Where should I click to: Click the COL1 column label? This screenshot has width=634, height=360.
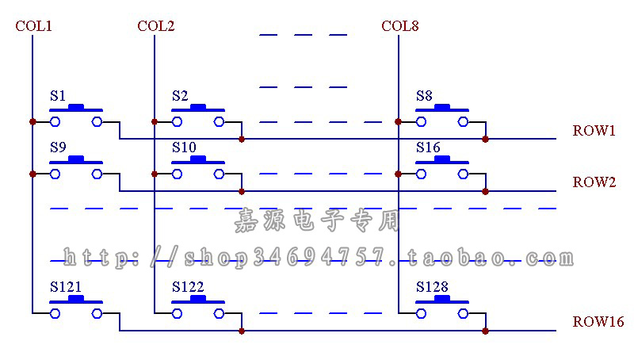33,26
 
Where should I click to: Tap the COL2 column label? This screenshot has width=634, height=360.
155,26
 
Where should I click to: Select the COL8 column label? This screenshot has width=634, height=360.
400,26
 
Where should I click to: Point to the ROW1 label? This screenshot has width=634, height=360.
594,130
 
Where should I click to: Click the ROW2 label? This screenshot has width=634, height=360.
594,182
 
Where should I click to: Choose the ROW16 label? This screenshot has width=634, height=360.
598,322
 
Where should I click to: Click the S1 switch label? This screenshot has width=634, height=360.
58,96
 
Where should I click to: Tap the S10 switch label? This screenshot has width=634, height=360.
184,147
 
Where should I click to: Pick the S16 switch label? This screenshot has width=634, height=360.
428,147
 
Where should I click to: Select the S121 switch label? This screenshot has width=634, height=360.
66,287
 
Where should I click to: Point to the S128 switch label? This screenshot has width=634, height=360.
432,287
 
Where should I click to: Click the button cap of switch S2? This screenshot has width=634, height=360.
198,108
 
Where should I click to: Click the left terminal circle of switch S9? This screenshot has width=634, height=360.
55,174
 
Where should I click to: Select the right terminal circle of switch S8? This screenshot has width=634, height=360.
464,122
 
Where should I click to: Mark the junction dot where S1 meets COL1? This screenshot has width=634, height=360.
32,122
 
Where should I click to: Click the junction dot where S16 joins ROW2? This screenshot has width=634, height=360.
486,191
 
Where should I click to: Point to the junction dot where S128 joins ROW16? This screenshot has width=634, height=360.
486,331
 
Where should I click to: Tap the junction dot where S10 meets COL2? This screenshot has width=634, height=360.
155,174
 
